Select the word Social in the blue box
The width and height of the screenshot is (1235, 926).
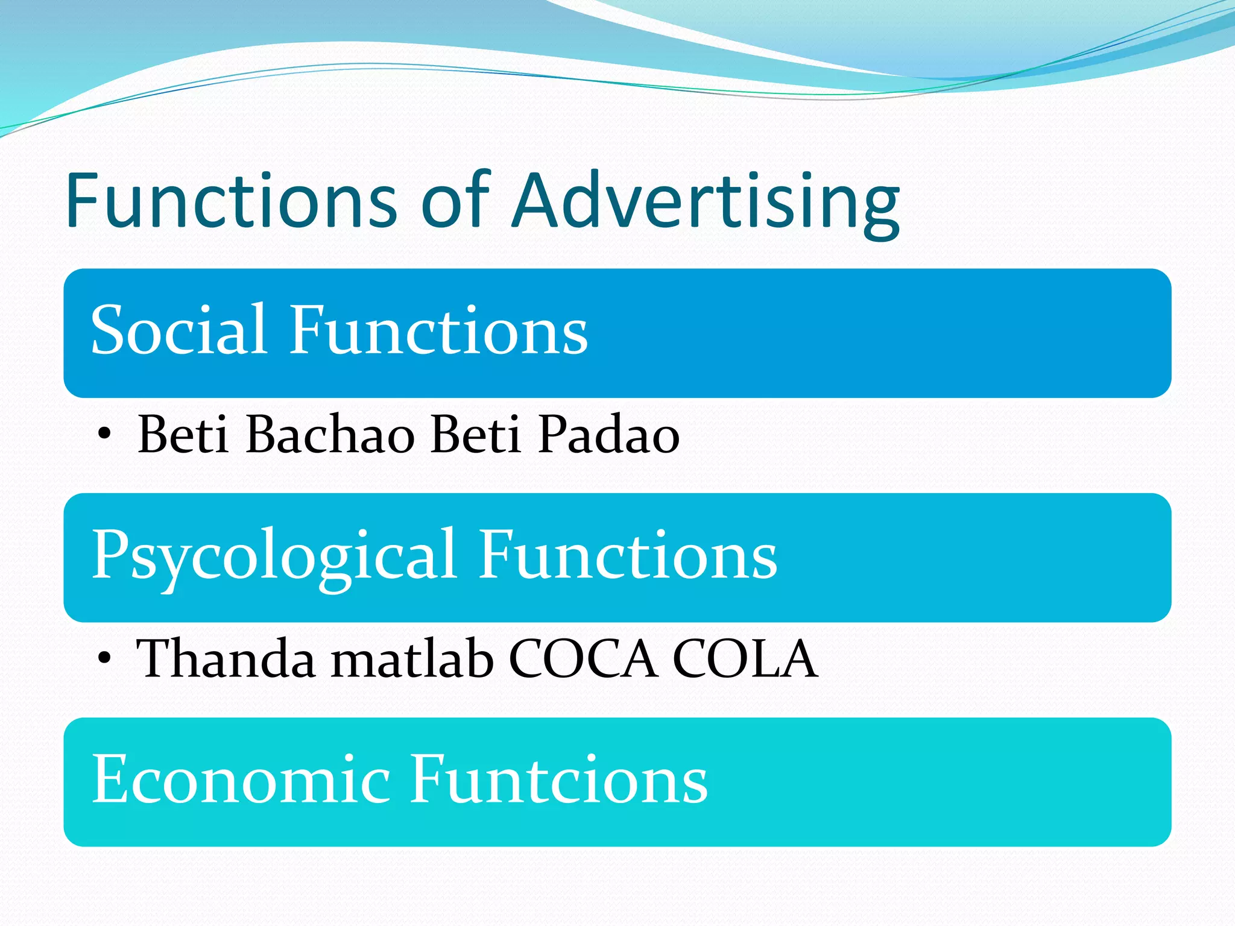pos(178,330)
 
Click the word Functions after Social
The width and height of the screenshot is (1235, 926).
pos(438,330)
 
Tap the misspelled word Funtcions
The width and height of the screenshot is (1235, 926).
pos(558,780)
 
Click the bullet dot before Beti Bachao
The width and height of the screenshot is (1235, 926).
pos(104,433)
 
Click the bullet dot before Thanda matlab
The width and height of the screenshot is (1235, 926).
pos(104,658)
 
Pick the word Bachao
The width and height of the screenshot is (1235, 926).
pos(330,434)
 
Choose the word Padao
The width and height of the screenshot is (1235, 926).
pos(608,434)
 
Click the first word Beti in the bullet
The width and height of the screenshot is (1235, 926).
pos(183,434)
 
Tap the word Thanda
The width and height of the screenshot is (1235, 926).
pos(226,659)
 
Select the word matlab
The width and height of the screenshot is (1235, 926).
pos(412,659)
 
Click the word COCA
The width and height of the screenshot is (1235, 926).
pos(583,659)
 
